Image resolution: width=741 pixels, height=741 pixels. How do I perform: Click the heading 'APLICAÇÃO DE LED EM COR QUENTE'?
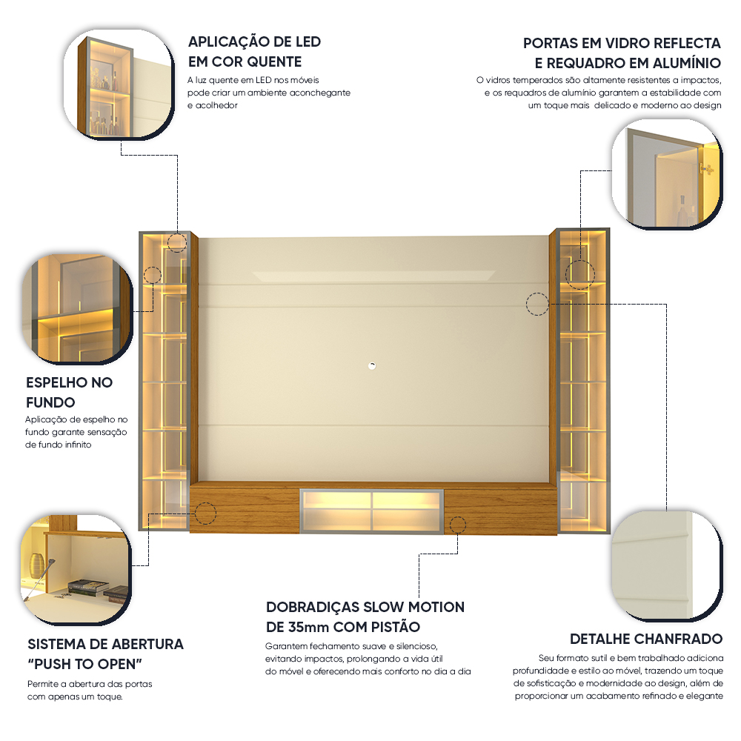[254, 51]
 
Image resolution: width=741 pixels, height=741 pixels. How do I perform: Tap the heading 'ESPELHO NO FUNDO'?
[69, 393]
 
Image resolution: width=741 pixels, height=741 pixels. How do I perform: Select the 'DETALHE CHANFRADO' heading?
[645, 639]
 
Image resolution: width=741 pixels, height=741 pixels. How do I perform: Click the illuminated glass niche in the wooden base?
[372, 510]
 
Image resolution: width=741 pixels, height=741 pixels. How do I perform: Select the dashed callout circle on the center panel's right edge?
[537, 304]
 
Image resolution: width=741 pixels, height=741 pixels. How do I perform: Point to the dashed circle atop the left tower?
[177, 242]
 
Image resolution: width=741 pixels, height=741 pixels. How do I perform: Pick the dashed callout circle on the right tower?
[579, 274]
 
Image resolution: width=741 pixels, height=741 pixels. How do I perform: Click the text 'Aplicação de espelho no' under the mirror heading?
[76, 419]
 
